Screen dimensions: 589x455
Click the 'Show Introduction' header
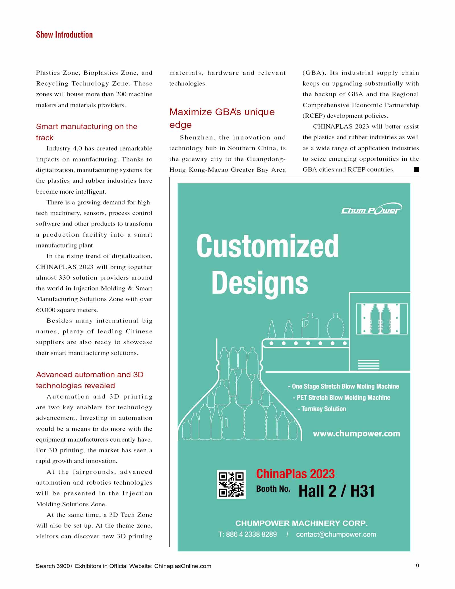[x=64, y=35]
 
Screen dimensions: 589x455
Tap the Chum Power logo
[x=371, y=210]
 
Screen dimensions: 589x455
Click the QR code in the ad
[x=231, y=484]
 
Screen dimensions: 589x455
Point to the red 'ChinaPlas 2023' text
[x=295, y=474]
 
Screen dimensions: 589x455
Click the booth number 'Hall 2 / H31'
[x=336, y=491]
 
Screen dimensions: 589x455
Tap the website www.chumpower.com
[x=356, y=434]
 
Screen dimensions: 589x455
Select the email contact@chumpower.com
[x=336, y=534]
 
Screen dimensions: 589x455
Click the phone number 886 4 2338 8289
[x=247, y=534]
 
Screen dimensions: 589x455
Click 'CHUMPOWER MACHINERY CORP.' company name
[x=301, y=523]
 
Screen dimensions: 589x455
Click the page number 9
[x=417, y=565]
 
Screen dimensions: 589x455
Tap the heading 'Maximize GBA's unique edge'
[x=222, y=118]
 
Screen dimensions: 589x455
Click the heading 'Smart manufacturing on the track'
[x=86, y=132]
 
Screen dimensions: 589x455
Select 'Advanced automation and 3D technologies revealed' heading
[x=90, y=380]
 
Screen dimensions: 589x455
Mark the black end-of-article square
[x=416, y=170]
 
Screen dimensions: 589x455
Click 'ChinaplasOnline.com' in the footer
[x=183, y=566]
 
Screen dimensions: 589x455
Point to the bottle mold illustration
[x=382, y=319]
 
